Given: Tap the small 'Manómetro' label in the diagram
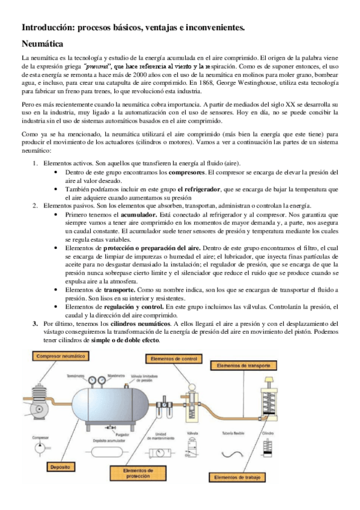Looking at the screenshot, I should (117, 377).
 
